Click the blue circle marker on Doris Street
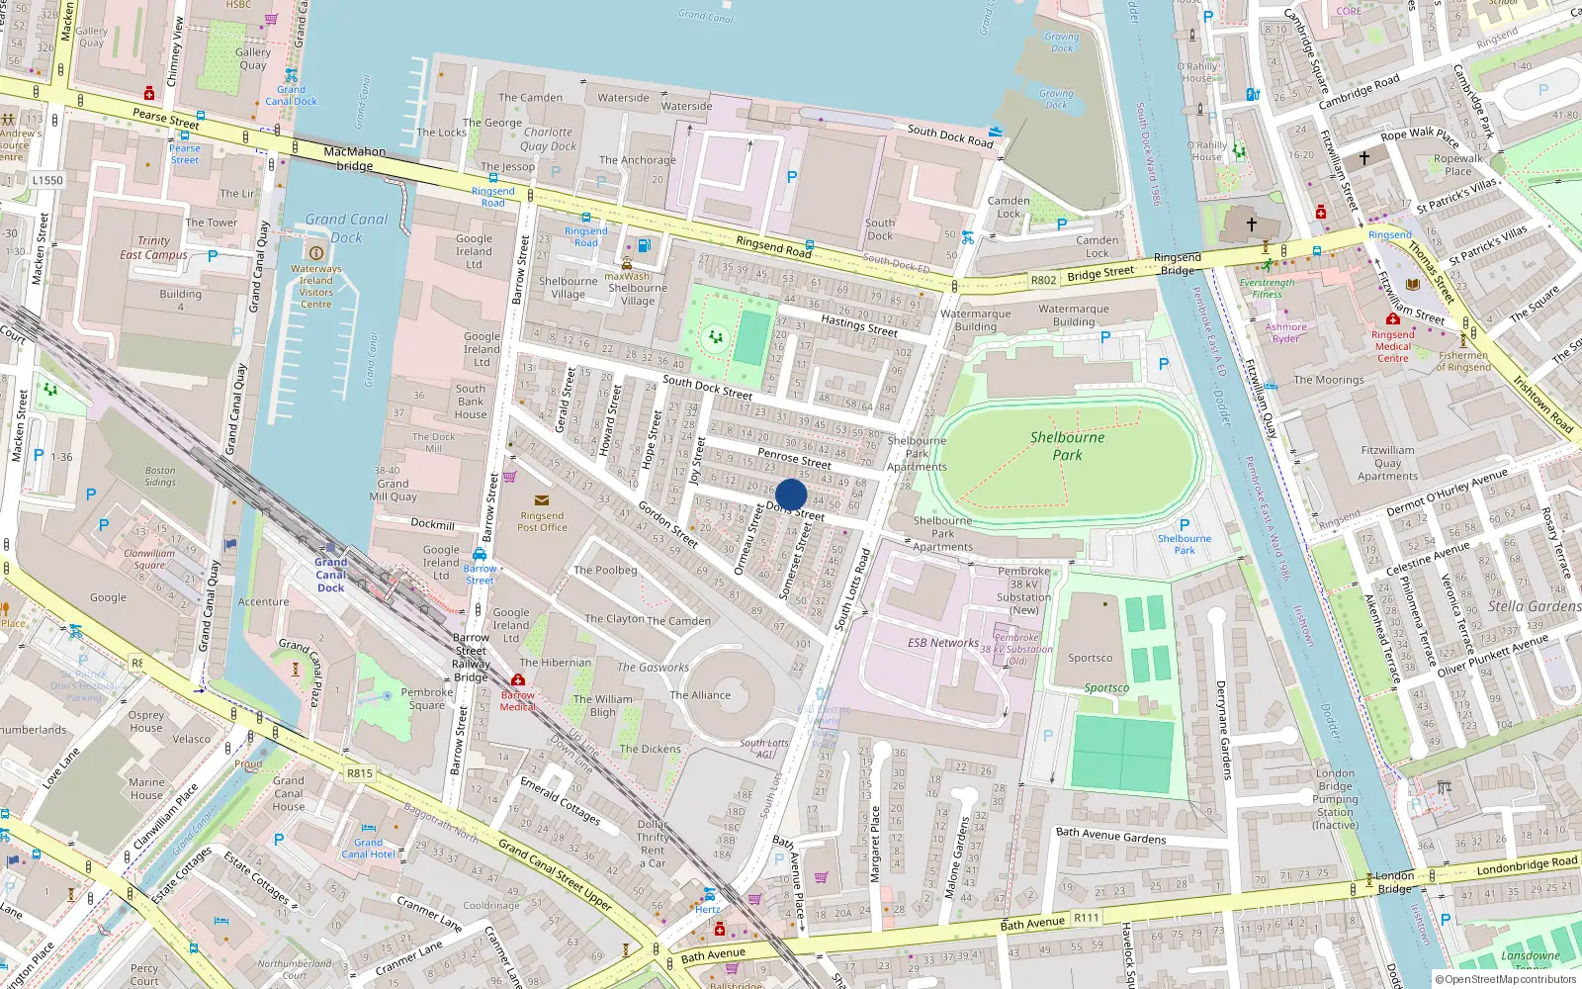(791, 494)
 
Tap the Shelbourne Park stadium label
(1068, 446)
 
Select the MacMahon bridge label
(354, 158)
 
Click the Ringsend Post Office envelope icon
(541, 500)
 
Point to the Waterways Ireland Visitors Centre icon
(315, 252)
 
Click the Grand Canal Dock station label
(331, 575)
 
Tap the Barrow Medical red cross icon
(518, 680)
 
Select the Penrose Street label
(794, 458)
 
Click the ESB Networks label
(943, 643)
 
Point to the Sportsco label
(1090, 658)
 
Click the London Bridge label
(1394, 882)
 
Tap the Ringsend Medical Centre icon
(1393, 319)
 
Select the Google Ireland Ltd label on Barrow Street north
(474, 251)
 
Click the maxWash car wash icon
(626, 264)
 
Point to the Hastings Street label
(858, 325)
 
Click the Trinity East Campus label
(153, 247)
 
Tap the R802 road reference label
(1043, 280)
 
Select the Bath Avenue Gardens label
(1110, 836)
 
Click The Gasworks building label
(653, 668)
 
